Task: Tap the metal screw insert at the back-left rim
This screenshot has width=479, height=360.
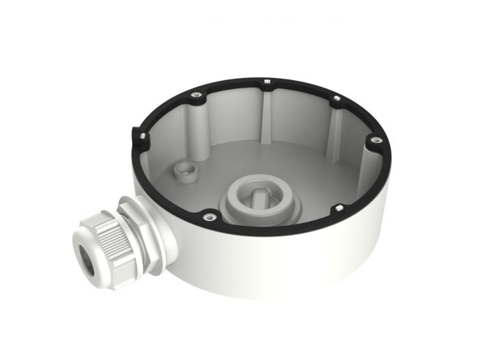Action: tap(196, 94)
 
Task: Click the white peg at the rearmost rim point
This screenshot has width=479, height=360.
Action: tap(266, 83)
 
